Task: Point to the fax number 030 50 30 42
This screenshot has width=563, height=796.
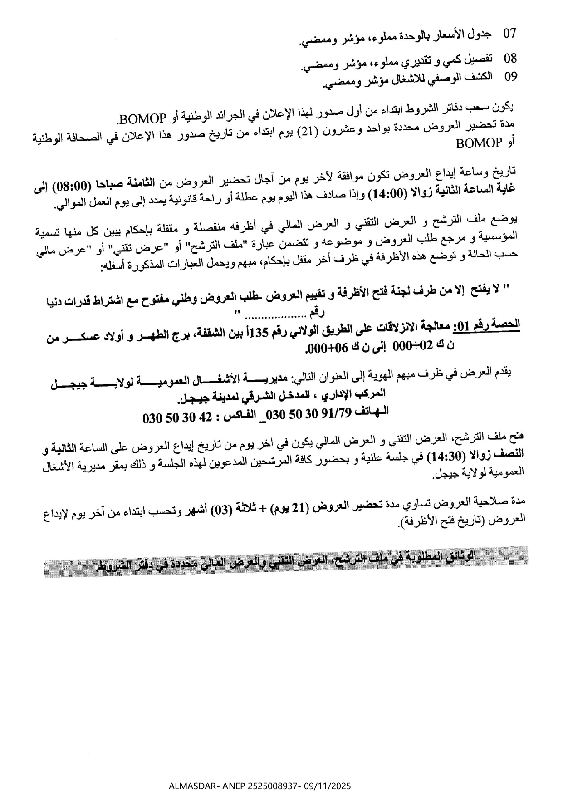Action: (x=177, y=418)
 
